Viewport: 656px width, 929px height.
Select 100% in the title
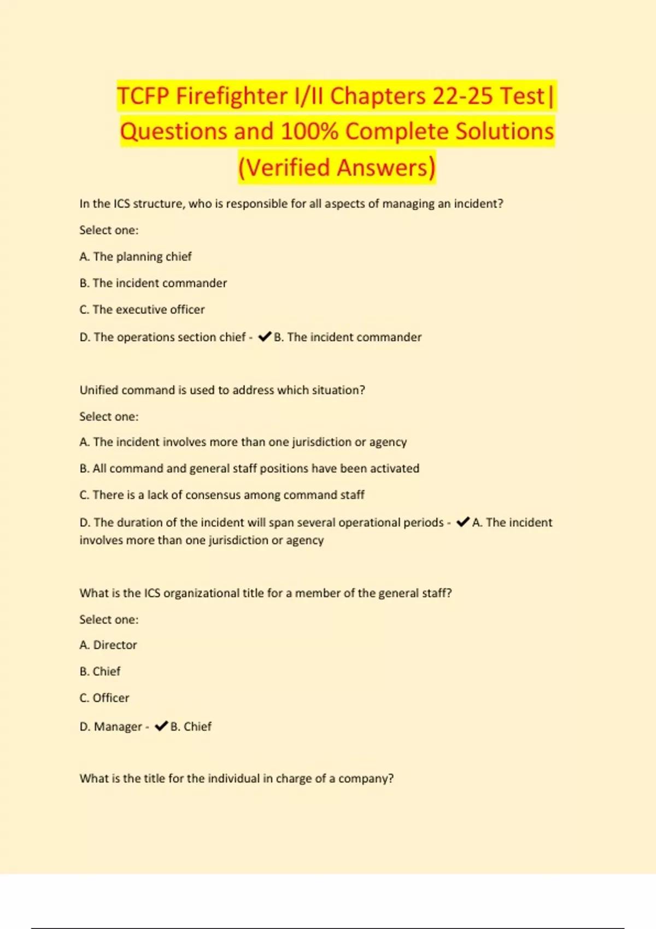click(309, 132)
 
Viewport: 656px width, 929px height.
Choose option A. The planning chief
click(136, 257)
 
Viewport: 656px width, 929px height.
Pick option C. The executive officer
click(142, 310)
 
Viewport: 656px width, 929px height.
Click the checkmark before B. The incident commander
click(265, 337)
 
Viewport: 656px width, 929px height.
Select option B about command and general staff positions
click(249, 468)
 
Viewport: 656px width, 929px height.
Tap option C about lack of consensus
click(222, 495)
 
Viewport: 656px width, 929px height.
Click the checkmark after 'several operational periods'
click(462, 522)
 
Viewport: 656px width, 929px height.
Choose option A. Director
click(108, 645)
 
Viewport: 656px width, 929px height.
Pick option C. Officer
click(104, 698)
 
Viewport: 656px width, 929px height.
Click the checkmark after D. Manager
click(161, 726)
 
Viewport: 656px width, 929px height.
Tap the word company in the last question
click(365, 779)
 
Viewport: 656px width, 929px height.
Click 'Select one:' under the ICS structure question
click(109, 230)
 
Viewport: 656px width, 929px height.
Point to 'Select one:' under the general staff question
click(109, 620)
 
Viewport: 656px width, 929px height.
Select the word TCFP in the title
click(143, 96)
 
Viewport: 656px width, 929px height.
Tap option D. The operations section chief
click(162, 337)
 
